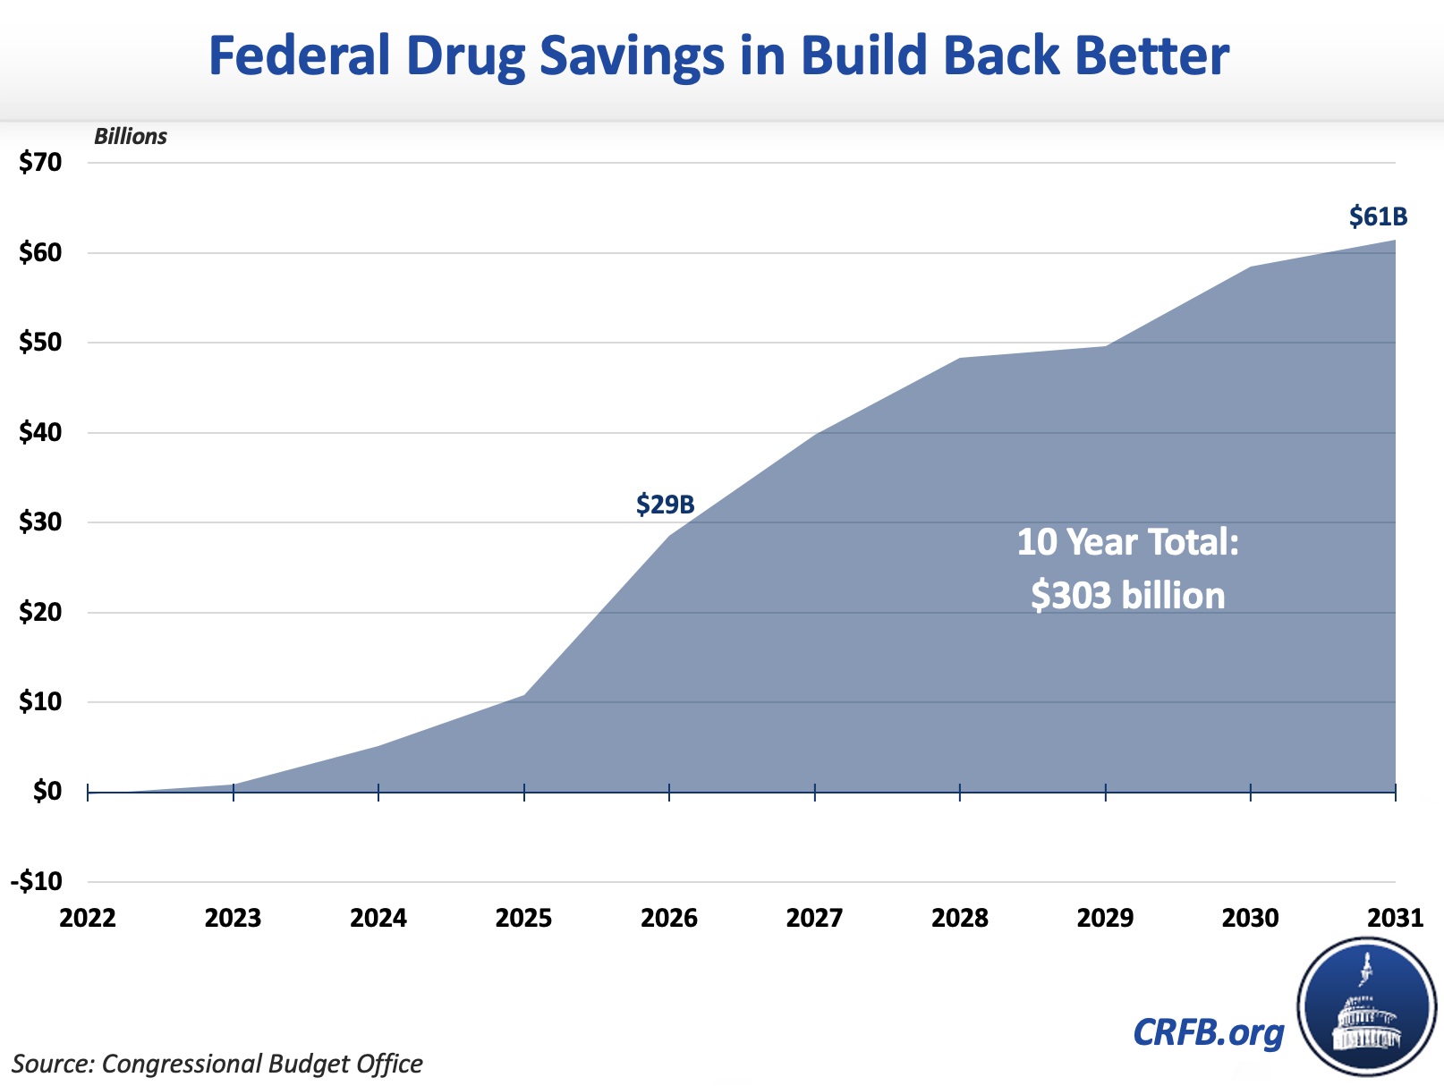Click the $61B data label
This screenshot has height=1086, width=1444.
1378,217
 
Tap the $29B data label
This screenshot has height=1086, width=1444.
665,505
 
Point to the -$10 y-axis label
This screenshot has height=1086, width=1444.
37,881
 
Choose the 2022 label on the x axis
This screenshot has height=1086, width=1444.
88,919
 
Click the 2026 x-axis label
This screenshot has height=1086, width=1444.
669,919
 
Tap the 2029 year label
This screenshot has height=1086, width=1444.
1105,919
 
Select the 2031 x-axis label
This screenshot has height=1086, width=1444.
1395,919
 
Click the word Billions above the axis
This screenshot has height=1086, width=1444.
131,137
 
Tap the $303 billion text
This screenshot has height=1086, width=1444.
1127,595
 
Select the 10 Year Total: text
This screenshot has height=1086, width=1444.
1127,542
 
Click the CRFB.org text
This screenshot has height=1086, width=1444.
1208,1032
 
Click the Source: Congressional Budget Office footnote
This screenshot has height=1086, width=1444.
217,1064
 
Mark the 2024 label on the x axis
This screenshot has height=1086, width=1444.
378,919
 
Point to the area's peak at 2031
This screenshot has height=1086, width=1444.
1394,241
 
